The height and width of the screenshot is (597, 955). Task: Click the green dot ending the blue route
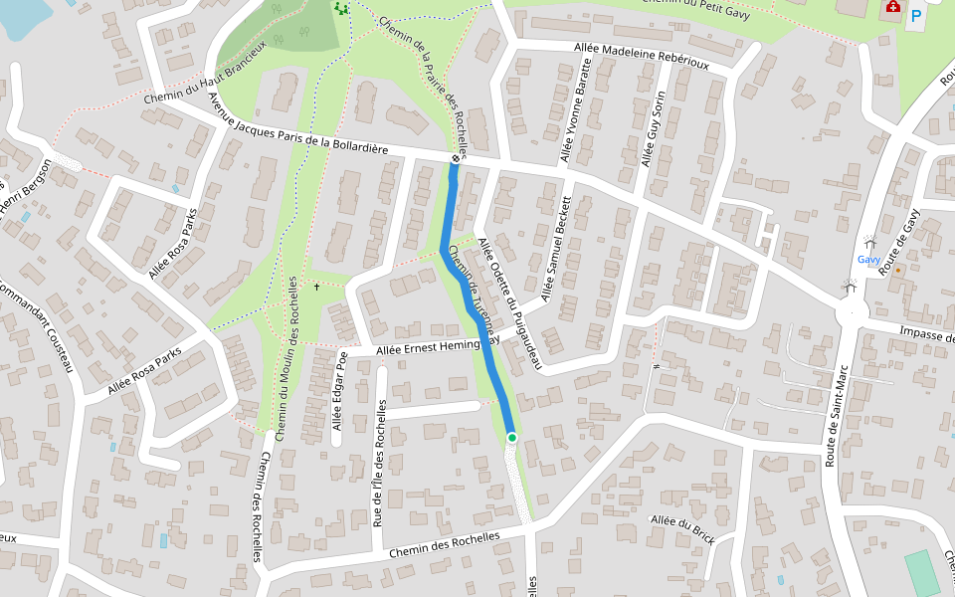512,437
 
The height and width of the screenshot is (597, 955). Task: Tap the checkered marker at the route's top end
456,158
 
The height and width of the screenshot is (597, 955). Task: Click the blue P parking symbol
915,17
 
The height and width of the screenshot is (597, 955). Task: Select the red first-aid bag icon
892,7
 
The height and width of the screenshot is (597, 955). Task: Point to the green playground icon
342,9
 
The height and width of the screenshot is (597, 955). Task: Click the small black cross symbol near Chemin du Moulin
317,287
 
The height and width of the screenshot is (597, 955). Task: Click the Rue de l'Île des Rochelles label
379,463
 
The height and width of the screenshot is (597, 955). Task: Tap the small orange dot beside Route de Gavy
898,270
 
